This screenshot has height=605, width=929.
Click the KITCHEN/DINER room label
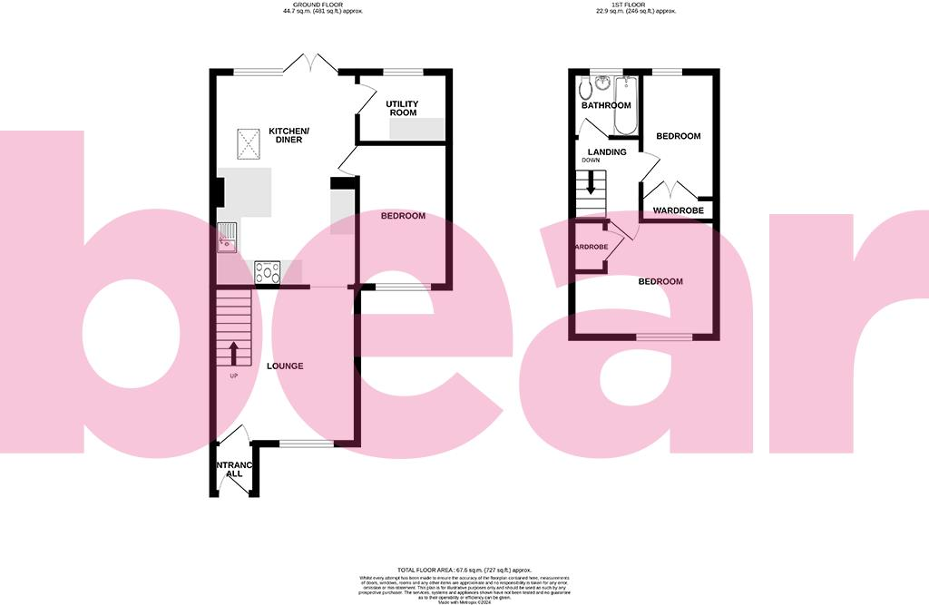tap(289, 135)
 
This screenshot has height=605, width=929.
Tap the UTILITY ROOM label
tap(401, 108)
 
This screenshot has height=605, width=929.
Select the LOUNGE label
tap(284, 366)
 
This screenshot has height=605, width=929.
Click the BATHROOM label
tap(606, 105)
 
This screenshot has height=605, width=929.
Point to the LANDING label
tap(607, 151)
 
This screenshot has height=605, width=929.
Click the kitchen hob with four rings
tap(269, 271)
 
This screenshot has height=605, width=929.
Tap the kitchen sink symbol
tap(226, 238)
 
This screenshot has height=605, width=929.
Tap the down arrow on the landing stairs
tap(592, 185)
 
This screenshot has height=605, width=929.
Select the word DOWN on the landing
tap(591, 161)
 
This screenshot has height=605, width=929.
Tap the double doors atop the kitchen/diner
tap(310, 63)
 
